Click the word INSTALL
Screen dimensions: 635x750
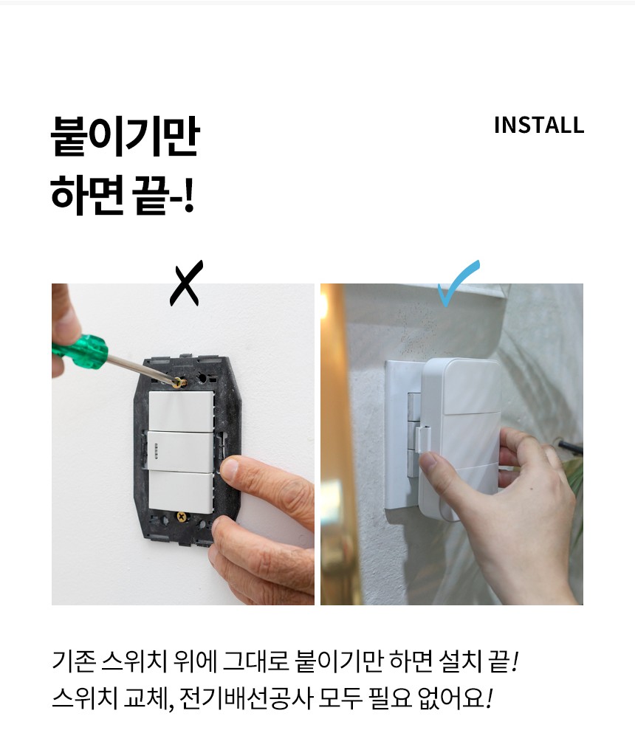pos(539,125)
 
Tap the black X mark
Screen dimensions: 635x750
pos(186,283)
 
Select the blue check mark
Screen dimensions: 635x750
pos(458,282)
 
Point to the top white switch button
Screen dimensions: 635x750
pos(181,411)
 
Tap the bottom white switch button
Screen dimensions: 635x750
pos(181,492)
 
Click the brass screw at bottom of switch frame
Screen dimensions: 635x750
pos(182,517)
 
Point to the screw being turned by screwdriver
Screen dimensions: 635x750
pos(180,382)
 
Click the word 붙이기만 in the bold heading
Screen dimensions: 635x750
pos(125,137)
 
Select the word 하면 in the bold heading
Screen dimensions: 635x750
pos(86,195)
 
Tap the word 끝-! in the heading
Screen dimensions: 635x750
pos(163,195)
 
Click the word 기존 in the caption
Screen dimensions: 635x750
pos(74,661)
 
